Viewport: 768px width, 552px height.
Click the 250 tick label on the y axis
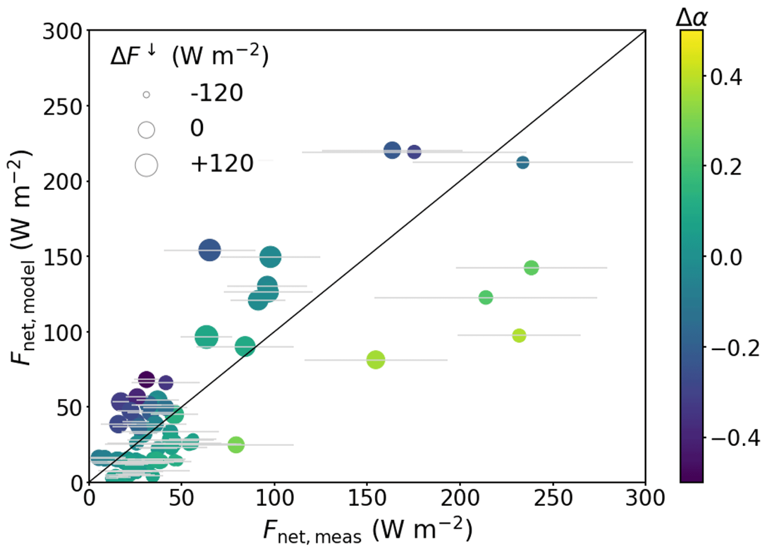point(62,108)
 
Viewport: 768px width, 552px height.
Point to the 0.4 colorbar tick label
point(726,77)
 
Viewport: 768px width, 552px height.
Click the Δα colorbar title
point(691,17)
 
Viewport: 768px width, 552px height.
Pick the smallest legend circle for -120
point(146,95)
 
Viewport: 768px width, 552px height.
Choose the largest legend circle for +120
point(146,165)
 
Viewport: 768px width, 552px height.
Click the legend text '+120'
point(222,163)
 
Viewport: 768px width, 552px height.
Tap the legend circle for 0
point(146,130)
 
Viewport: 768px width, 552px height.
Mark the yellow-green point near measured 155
point(376,360)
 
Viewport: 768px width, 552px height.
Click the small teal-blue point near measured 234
point(523,162)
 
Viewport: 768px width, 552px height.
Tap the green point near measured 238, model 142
point(531,267)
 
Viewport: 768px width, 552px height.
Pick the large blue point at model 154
point(210,250)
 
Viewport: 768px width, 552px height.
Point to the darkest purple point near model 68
point(146,380)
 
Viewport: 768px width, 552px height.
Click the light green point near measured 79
point(236,444)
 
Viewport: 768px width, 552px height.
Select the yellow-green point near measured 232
point(519,335)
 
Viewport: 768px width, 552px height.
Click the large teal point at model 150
point(270,257)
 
